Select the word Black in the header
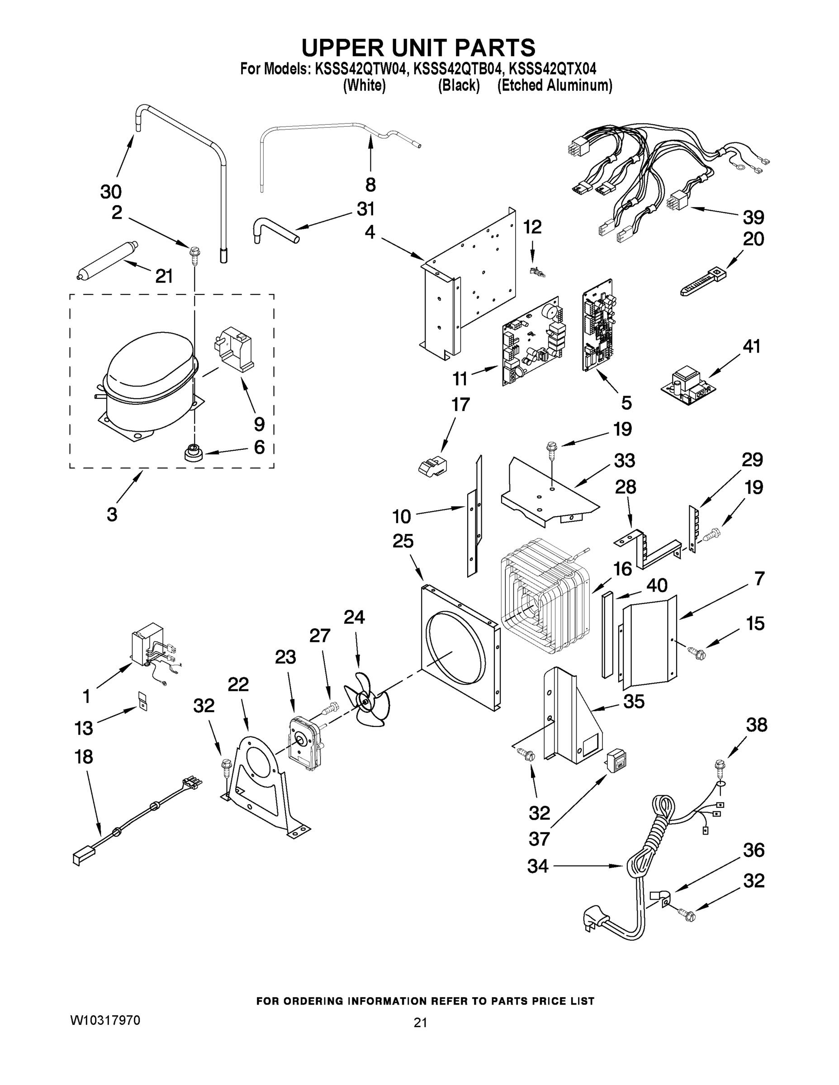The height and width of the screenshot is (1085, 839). point(458,85)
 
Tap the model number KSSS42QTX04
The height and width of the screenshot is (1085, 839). point(553,68)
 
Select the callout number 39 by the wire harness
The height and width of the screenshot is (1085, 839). point(754,217)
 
